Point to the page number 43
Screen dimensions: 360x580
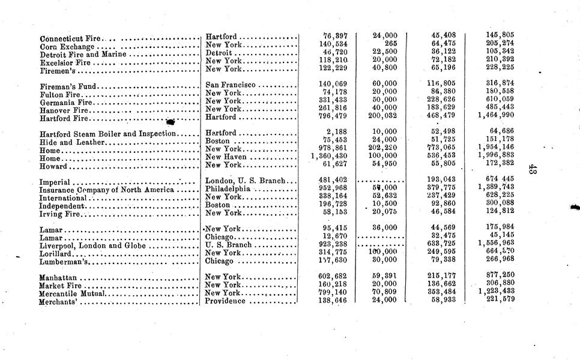533,170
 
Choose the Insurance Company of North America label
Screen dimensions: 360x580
106,190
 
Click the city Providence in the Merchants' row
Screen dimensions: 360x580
226,301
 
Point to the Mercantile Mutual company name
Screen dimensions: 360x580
72,294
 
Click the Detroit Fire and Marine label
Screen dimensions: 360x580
83,55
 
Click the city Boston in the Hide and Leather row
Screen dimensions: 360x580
219,141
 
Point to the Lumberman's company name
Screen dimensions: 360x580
64,262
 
